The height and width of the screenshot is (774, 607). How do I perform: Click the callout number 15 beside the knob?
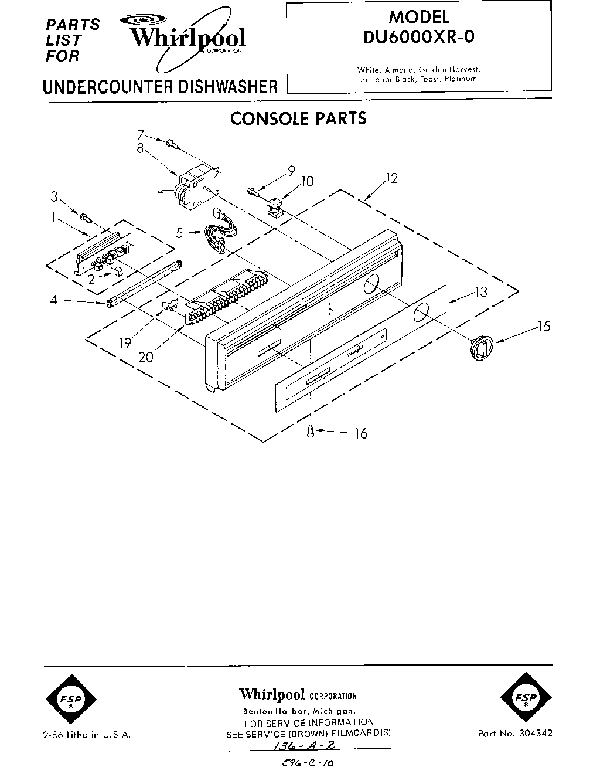pyautogui.click(x=544, y=327)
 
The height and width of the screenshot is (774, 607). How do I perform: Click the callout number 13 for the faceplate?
pyautogui.click(x=480, y=291)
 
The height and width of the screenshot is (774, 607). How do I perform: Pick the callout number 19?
pyautogui.click(x=124, y=342)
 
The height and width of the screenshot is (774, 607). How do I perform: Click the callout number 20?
pyautogui.click(x=145, y=355)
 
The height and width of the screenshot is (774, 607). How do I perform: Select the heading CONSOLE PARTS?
pyautogui.click(x=298, y=118)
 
